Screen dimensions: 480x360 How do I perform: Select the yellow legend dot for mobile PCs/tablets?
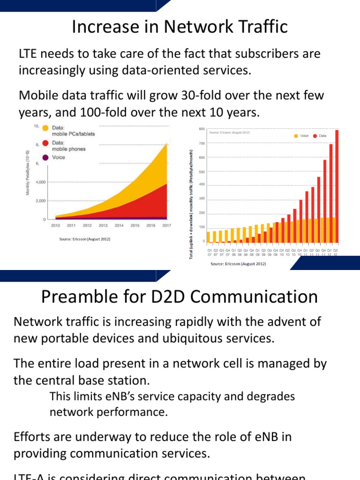[45, 128]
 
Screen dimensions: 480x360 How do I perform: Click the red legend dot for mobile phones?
[45, 143]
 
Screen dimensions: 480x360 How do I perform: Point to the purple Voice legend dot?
[45, 157]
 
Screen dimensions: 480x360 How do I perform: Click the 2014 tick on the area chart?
[119, 225]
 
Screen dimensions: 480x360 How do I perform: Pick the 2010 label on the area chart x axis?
[55, 225]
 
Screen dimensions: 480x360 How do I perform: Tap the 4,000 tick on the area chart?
[39, 182]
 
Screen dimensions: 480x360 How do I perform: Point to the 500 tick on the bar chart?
[202, 172]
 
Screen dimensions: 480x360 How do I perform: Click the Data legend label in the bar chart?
[322, 136]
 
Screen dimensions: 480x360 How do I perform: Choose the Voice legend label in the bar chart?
[304, 136]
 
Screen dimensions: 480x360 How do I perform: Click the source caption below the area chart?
[84, 239]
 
